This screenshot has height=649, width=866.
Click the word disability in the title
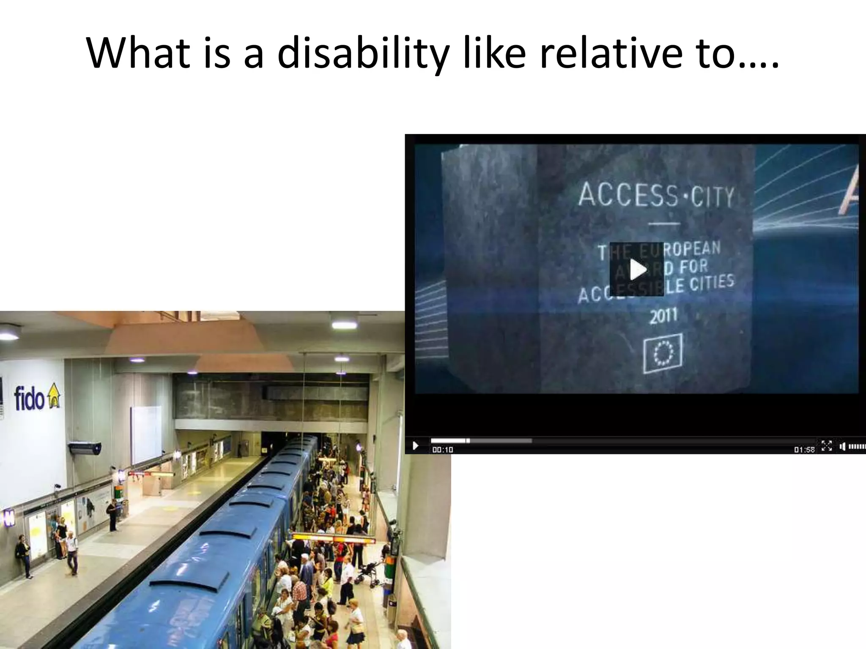[363, 54]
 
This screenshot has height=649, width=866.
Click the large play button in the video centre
[637, 269]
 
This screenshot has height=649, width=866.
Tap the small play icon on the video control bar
[415, 445]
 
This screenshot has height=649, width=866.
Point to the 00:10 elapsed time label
[442, 450]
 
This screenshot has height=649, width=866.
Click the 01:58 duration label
[804, 450]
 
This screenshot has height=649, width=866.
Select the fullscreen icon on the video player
[826, 446]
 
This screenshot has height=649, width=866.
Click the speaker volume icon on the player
[842, 446]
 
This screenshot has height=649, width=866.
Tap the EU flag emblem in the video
[663, 353]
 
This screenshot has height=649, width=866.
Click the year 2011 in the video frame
[663, 316]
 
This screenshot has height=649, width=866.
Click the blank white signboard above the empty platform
[146, 435]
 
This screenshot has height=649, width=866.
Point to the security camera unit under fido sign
[85, 447]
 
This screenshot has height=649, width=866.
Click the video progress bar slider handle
[468, 441]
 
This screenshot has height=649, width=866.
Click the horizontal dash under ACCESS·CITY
[664, 224]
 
